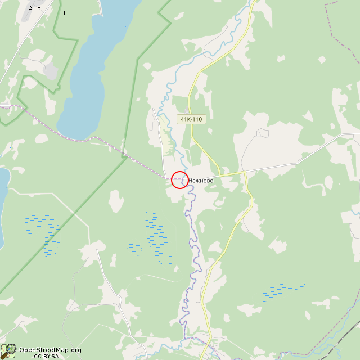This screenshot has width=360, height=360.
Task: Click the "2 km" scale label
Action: [34, 7]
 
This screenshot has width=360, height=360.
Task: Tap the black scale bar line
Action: [34, 13]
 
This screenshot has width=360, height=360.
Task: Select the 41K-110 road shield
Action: [191, 119]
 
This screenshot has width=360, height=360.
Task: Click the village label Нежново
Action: [201, 181]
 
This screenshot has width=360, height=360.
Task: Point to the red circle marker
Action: [180, 179]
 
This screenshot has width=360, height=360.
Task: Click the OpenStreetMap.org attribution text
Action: [50, 350]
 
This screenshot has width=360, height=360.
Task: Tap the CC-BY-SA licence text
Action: [46, 356]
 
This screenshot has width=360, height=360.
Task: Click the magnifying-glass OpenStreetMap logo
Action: [8, 351]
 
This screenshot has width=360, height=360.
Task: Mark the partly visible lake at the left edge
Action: [2, 202]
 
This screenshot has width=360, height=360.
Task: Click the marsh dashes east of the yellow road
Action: [278, 291]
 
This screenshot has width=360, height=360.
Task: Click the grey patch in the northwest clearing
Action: [51, 71]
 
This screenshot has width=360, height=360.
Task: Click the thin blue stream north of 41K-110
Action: [169, 84]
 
